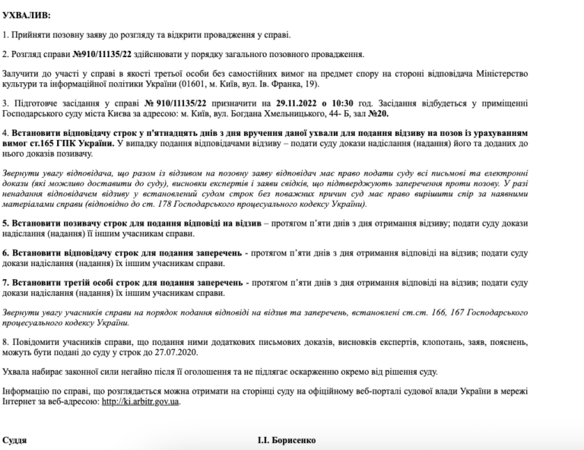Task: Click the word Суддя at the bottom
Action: (16, 441)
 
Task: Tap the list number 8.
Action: (5, 341)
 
